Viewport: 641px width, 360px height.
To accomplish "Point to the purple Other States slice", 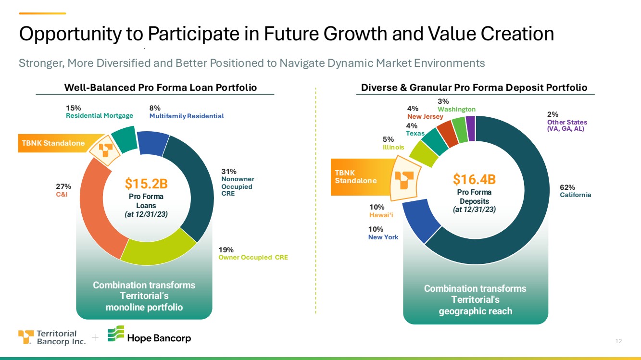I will coord(471,128).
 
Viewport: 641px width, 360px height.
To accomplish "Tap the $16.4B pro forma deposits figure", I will coord(474,179).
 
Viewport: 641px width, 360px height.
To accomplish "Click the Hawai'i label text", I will coord(381,215).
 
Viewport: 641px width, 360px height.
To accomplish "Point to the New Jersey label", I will coord(425,116).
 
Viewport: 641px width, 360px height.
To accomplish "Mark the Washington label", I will coord(456,109).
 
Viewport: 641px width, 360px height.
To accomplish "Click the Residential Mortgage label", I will coord(99,116).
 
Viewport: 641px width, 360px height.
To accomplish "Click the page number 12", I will coord(618,341).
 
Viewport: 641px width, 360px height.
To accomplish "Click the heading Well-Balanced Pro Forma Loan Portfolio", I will coord(161,87).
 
